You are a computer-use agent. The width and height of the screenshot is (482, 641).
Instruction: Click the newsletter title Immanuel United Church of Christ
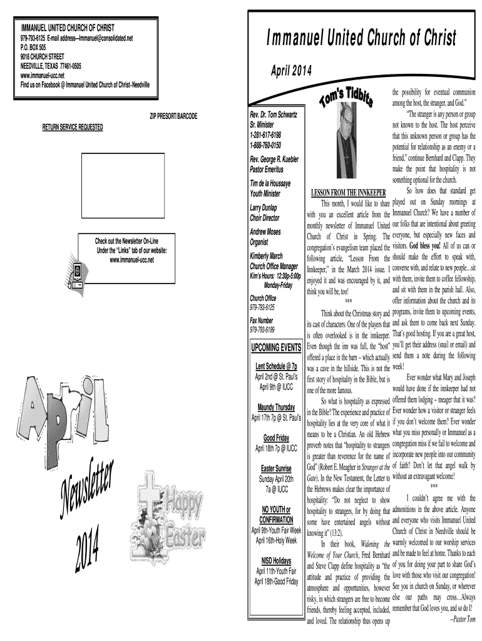[x=361, y=37]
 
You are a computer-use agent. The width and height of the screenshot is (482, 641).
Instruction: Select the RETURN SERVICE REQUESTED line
[x=73, y=127]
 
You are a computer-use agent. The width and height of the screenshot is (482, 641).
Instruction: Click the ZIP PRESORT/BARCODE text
[x=173, y=117]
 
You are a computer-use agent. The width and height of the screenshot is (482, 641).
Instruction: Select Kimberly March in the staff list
[x=266, y=255]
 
